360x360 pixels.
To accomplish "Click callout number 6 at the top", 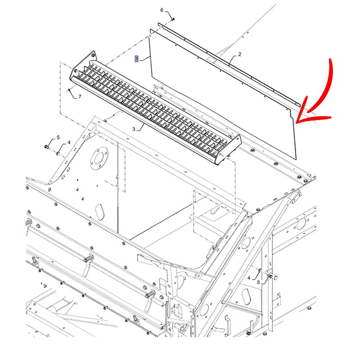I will click(162, 10).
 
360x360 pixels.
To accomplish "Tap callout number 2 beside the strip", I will click(240, 54).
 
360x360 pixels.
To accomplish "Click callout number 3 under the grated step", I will click(134, 129).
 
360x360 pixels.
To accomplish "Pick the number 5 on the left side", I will click(58, 137).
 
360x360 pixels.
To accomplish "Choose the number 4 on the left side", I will click(69, 143).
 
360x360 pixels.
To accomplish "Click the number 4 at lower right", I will click(249, 279).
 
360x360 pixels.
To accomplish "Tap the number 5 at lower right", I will click(258, 283).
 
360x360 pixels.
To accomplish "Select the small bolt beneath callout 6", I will click(173, 19).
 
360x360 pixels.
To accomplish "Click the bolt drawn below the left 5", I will click(47, 147).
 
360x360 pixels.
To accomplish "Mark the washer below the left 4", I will click(58, 152).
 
